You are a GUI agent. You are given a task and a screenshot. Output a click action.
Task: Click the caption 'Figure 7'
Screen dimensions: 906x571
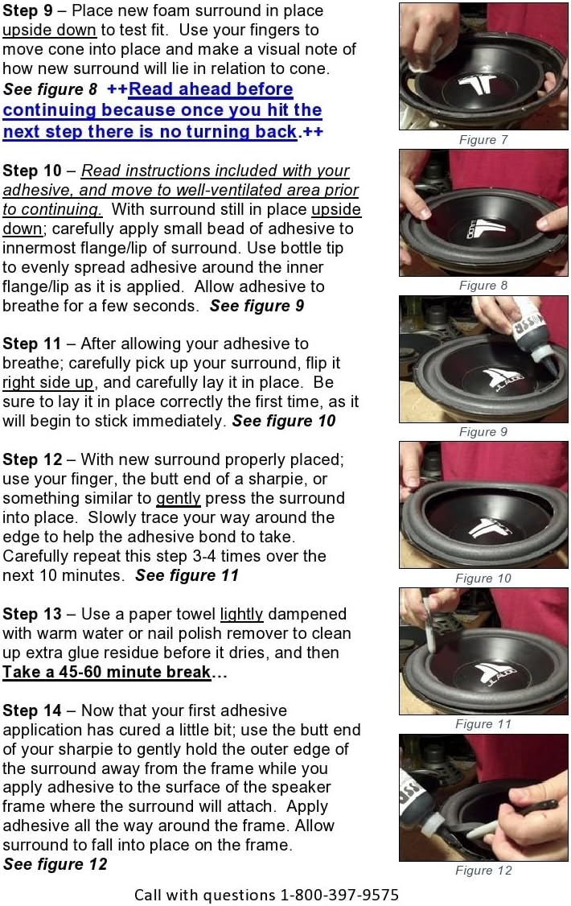483,140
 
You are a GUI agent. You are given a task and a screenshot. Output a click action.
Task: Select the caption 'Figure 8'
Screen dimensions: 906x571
483,286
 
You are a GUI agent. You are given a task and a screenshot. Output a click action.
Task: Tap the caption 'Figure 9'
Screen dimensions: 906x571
483,432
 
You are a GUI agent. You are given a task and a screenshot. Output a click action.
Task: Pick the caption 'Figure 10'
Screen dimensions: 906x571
483,578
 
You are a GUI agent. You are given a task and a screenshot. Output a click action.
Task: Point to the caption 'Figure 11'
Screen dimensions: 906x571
483,723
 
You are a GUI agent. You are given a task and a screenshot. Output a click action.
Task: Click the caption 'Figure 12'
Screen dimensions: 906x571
483,870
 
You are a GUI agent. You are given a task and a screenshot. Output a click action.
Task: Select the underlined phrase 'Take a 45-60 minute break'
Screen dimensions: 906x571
107,672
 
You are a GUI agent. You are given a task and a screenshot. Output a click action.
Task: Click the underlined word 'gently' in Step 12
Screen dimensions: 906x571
178,499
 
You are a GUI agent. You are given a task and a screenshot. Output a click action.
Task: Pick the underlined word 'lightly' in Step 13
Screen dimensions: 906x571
241,614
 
